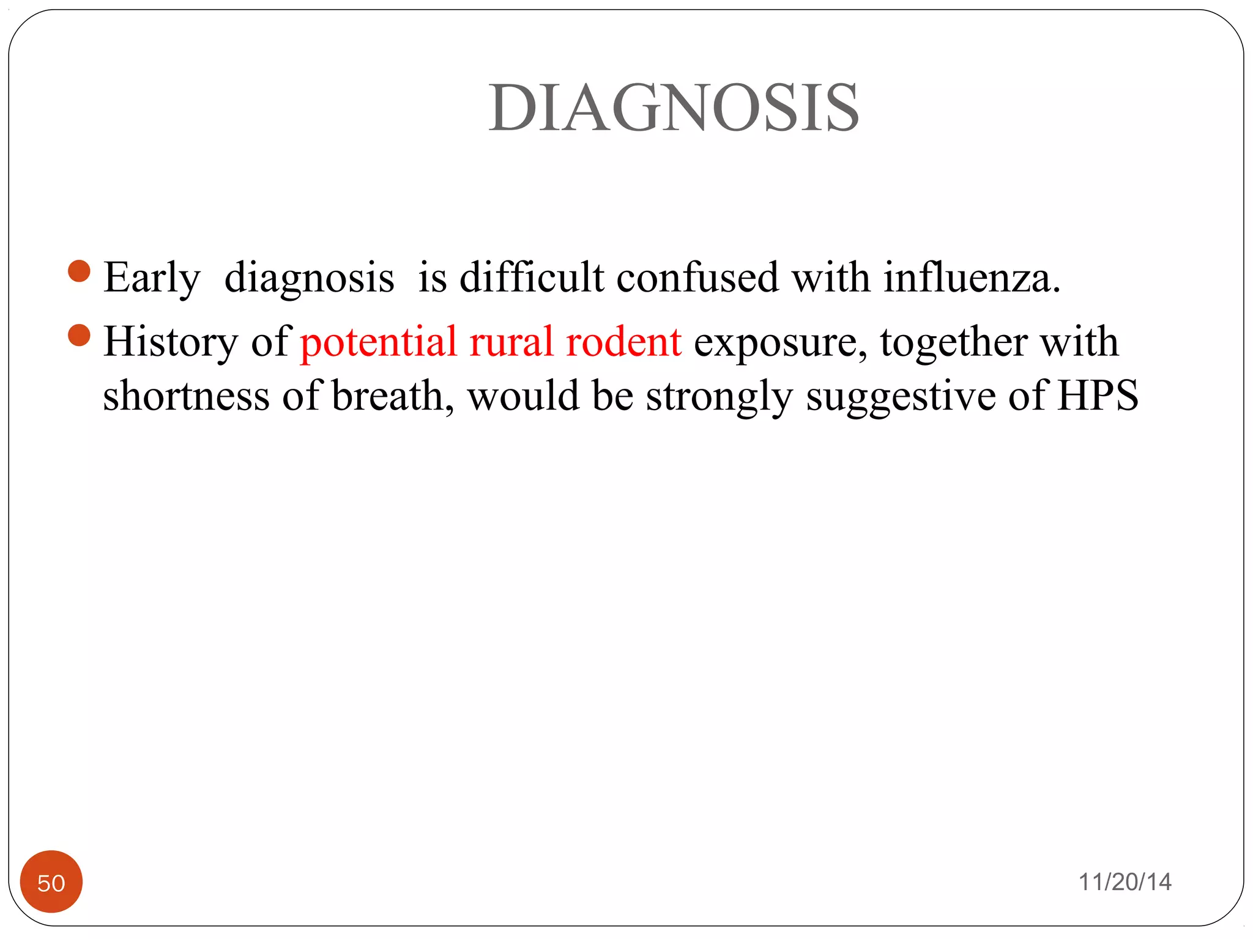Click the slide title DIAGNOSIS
pos(674,108)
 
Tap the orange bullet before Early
pos(80,271)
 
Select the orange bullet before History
pos(80,335)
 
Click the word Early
pos(152,278)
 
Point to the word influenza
pos(971,278)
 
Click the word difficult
pos(532,278)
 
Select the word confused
pos(697,278)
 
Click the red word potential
pos(379,342)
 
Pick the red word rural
pos(511,342)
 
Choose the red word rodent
pos(623,342)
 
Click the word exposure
pos(780,343)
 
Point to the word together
pos(954,342)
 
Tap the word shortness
pos(186,396)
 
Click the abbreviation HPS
pos(1098,396)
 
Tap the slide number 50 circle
pos(51,882)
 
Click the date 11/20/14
pos(1125,882)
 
